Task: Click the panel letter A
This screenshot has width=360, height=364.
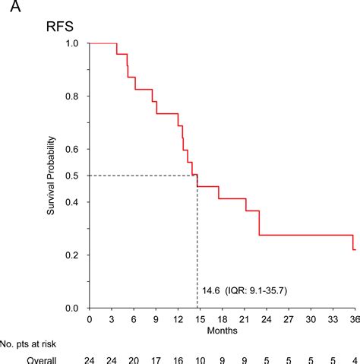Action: pos(10,10)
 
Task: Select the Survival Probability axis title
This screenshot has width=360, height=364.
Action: pos(52,176)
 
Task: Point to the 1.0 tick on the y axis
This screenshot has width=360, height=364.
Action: pos(74,43)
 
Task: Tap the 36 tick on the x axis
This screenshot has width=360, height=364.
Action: pos(353,319)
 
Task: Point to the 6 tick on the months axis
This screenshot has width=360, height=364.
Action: pos(134,319)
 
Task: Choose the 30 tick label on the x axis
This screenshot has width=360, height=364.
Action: pos(309,319)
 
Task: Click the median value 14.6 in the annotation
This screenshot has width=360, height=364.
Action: pos(210,290)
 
